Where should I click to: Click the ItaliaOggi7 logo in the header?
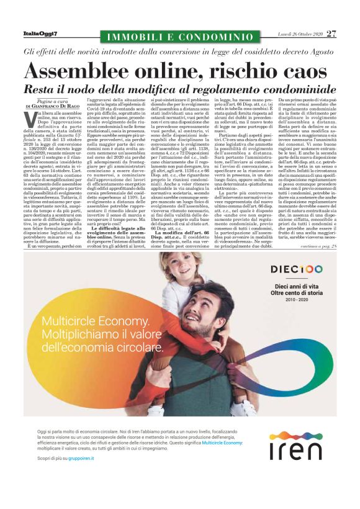point(39,33)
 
